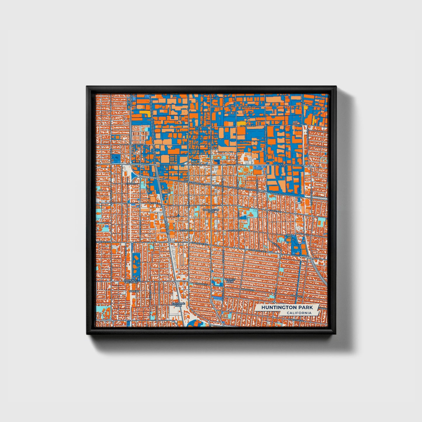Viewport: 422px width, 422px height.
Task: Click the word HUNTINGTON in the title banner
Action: point(276,308)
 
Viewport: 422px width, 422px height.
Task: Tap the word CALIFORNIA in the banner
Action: point(299,313)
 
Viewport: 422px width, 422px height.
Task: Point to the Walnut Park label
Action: point(229,281)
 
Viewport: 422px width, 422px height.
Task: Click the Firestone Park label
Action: point(178,304)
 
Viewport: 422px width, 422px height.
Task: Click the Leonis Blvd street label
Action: point(248,107)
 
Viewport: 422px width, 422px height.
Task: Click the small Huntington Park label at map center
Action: point(211,211)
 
